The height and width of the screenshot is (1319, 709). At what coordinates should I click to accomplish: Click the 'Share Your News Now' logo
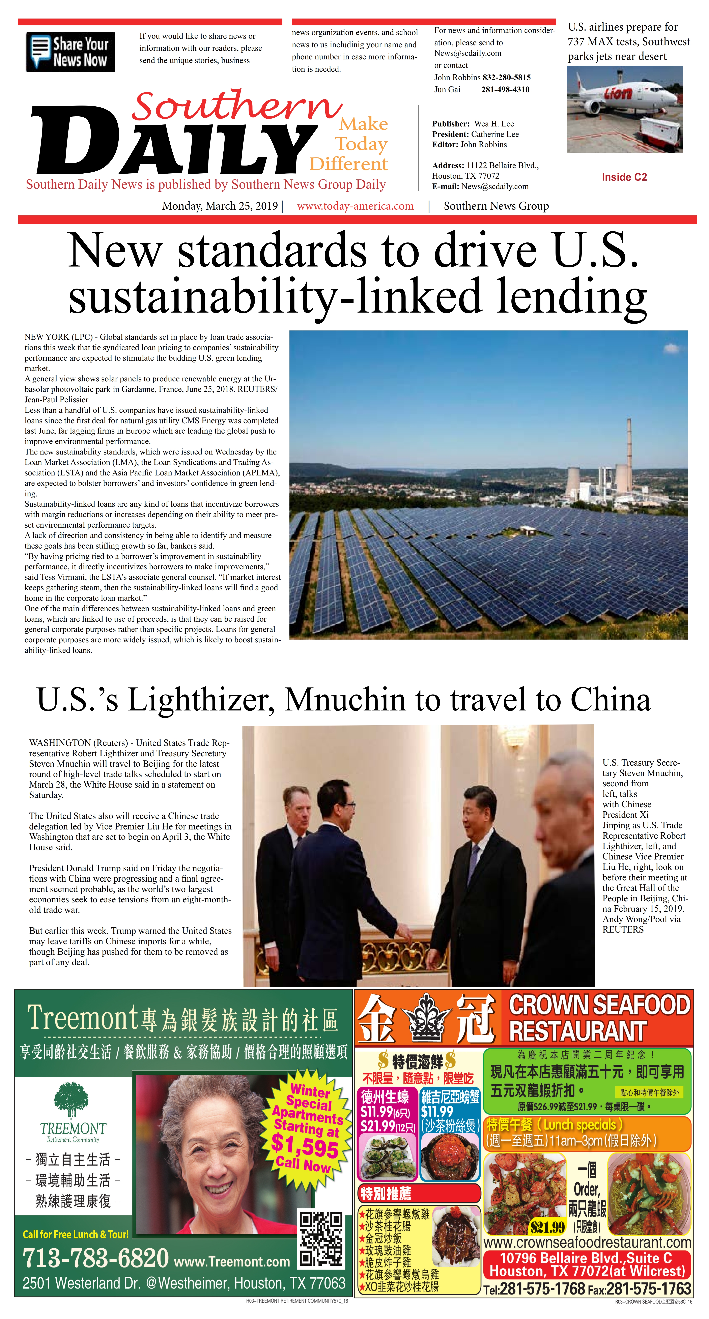pyautogui.click(x=70, y=52)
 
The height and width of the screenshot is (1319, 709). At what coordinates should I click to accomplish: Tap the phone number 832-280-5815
pyautogui.click(x=506, y=77)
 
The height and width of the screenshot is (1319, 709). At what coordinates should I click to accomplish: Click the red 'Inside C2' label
pyautogui.click(x=624, y=177)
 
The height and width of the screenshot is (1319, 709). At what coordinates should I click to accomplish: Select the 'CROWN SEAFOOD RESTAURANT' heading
pyautogui.click(x=598, y=1018)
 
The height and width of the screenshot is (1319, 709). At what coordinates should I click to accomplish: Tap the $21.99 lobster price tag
pyautogui.click(x=547, y=1227)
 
